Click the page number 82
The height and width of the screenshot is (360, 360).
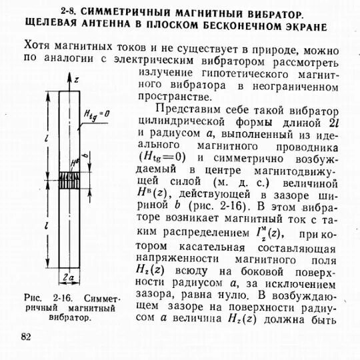coord(26,336)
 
